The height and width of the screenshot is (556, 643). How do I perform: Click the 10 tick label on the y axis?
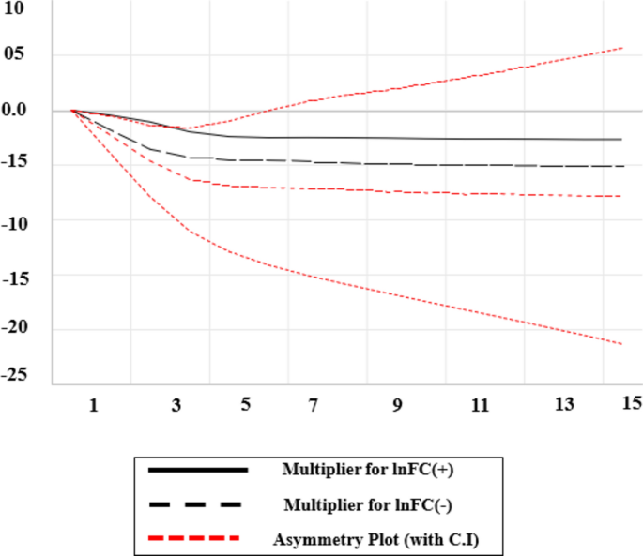[x=16, y=8]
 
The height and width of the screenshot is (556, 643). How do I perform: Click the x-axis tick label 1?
[x=93, y=404]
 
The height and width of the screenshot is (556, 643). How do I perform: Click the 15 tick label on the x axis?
[x=631, y=402]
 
